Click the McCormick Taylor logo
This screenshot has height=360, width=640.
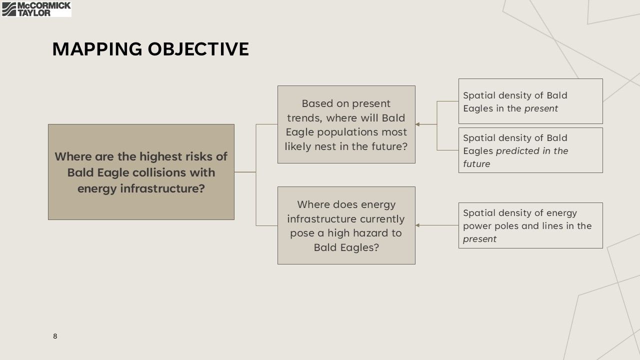[36, 9]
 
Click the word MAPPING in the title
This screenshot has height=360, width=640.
[97, 49]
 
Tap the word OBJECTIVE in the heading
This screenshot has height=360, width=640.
[198, 49]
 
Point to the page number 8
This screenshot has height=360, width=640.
[55, 336]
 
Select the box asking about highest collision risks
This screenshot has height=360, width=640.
[141, 172]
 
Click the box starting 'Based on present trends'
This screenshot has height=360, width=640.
[346, 124]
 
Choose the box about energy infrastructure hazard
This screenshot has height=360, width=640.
[346, 225]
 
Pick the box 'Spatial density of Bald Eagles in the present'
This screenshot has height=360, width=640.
[530, 101]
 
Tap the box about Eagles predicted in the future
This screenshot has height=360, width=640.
[530, 150]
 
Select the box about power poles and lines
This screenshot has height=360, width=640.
[530, 225]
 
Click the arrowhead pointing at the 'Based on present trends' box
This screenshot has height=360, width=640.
[417, 124]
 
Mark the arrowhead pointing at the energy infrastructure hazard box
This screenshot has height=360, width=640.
[417, 225]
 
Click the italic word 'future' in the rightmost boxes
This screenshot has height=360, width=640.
[476, 164]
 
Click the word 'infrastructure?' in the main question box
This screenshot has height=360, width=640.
[162, 188]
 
